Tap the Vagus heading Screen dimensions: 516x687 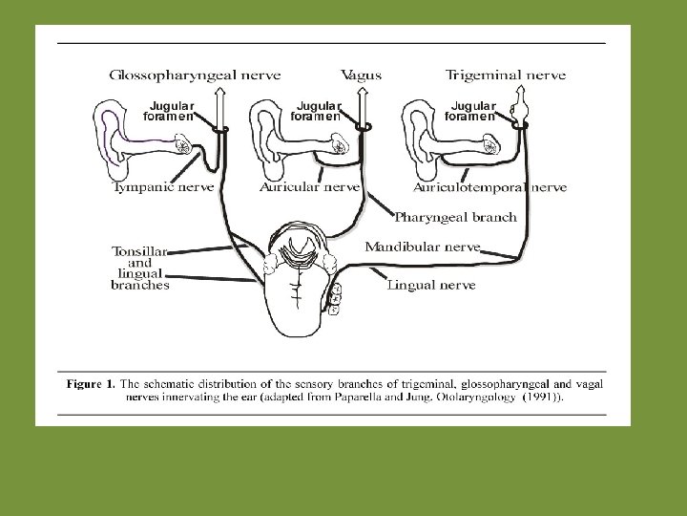point(361,75)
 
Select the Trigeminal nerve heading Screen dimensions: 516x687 point(506,75)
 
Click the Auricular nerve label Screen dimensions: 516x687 point(309,187)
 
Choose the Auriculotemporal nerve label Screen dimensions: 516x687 point(489,187)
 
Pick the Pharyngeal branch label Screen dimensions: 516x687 point(455,217)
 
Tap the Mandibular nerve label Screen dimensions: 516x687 point(421,247)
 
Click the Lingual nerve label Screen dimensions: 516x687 point(431,284)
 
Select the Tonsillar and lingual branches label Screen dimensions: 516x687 point(140,268)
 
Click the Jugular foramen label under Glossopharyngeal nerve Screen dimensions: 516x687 point(169,110)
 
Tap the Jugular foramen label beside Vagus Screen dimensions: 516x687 point(317,110)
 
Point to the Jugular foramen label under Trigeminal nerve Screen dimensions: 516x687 point(471,110)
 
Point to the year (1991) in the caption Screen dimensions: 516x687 point(539,398)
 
